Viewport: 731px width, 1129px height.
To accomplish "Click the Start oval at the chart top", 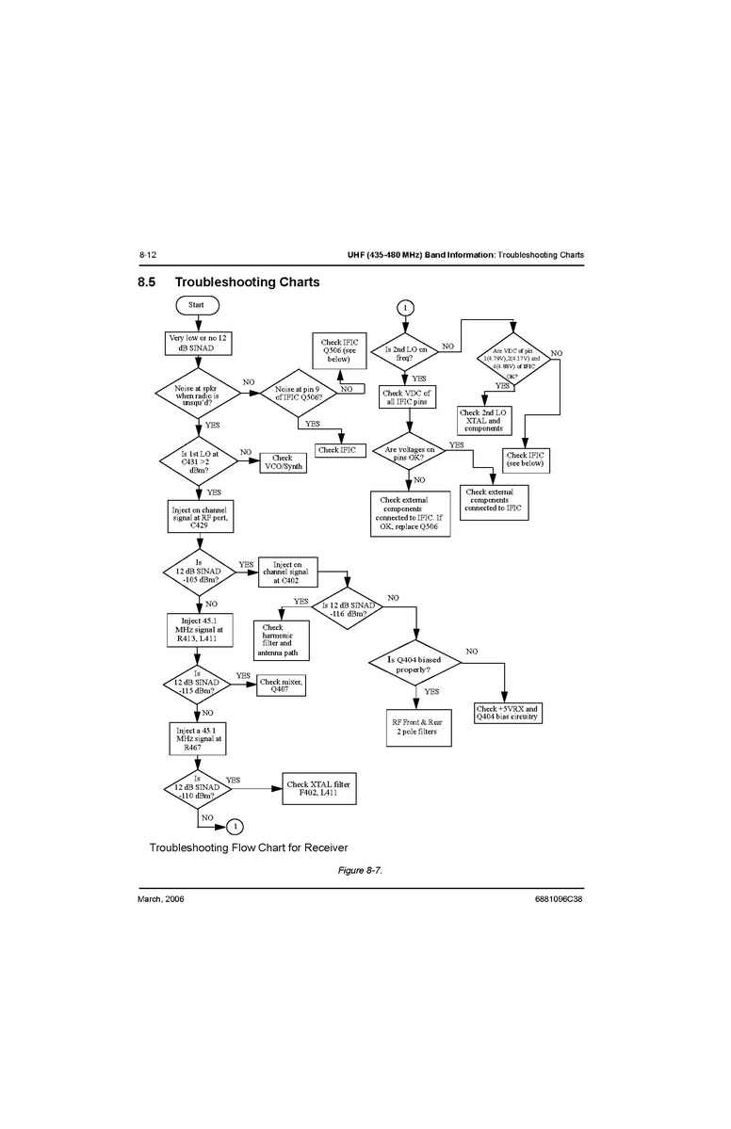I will [x=196, y=305].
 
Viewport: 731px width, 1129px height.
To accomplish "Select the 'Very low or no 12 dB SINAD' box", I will [x=197, y=343].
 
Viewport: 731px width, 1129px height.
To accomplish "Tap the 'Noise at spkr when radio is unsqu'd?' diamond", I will [x=197, y=391].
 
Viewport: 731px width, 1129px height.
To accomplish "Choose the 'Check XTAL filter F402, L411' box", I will [x=323, y=788].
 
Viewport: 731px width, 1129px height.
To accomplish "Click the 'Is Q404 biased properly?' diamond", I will [x=414, y=662].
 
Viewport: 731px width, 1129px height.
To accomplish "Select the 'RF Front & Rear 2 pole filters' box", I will [x=414, y=726].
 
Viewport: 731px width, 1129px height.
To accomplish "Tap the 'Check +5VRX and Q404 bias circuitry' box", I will [x=508, y=713].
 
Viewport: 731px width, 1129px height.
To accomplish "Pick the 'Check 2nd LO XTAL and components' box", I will [x=482, y=419].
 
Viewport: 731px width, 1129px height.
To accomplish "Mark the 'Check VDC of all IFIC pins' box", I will [x=406, y=397].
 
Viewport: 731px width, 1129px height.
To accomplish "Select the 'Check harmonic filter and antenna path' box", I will [x=282, y=639].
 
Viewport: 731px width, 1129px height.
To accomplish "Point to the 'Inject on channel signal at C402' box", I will [x=287, y=573].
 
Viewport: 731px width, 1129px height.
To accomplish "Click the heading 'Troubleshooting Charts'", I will [x=247, y=282].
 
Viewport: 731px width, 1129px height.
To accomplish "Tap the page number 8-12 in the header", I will [x=147, y=255].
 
